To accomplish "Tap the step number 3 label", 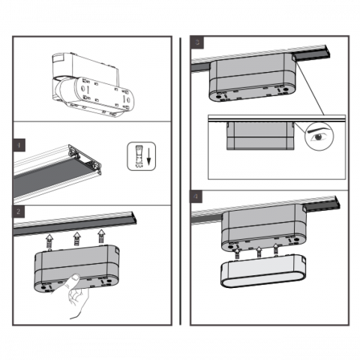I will (x=197, y=43).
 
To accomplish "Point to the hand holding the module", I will (x=75, y=295).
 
